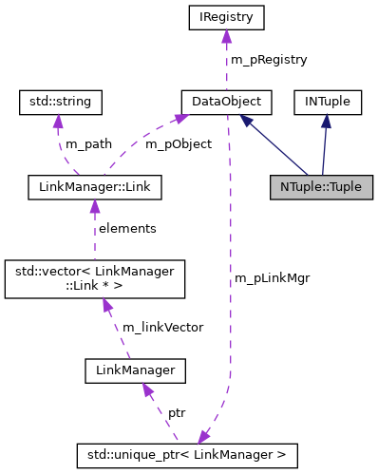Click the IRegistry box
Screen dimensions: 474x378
(x=226, y=16)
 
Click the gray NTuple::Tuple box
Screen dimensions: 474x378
(x=321, y=186)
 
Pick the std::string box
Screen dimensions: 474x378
(x=62, y=100)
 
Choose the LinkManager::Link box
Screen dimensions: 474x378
(x=94, y=186)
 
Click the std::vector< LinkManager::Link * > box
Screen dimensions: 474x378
(x=94, y=277)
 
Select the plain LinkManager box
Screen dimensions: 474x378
(x=133, y=368)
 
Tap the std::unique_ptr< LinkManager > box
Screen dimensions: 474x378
(x=187, y=454)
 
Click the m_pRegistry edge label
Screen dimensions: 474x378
(x=268, y=59)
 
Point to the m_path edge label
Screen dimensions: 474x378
(x=88, y=144)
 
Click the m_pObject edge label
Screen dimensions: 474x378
(x=178, y=144)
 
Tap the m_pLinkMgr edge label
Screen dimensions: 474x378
(x=271, y=277)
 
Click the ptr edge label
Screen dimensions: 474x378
(x=177, y=413)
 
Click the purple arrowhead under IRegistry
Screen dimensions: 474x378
(x=226, y=35)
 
